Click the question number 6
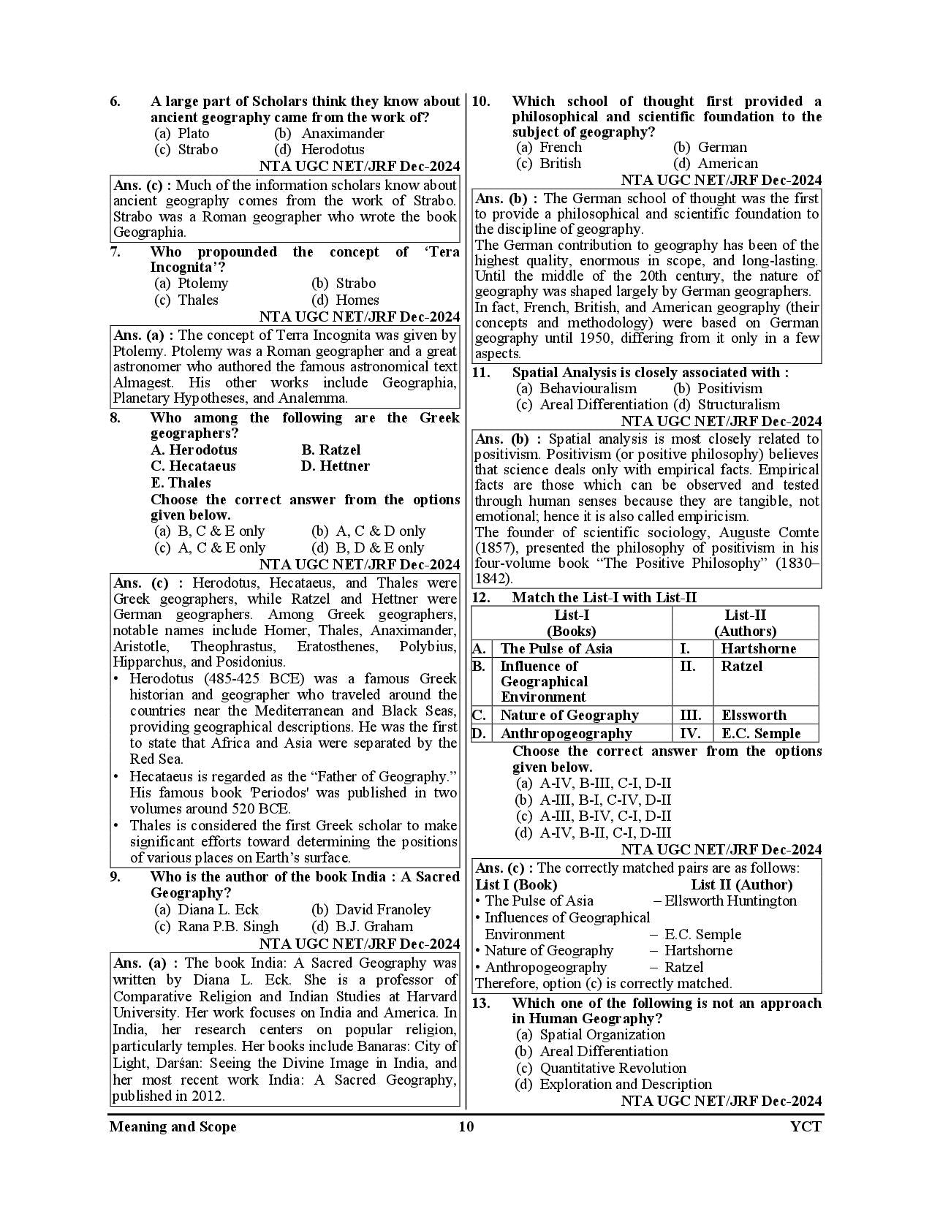[x=115, y=102]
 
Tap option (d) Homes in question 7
[x=345, y=300]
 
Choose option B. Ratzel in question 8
[x=330, y=450]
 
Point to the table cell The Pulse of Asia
[x=556, y=648]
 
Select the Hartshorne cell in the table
[x=758, y=648]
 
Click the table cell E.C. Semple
[x=760, y=733]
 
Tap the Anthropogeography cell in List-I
[x=565, y=733]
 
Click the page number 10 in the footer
[x=466, y=1126]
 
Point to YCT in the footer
[x=806, y=1126]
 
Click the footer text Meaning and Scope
[x=173, y=1126]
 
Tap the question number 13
[x=480, y=1004]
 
